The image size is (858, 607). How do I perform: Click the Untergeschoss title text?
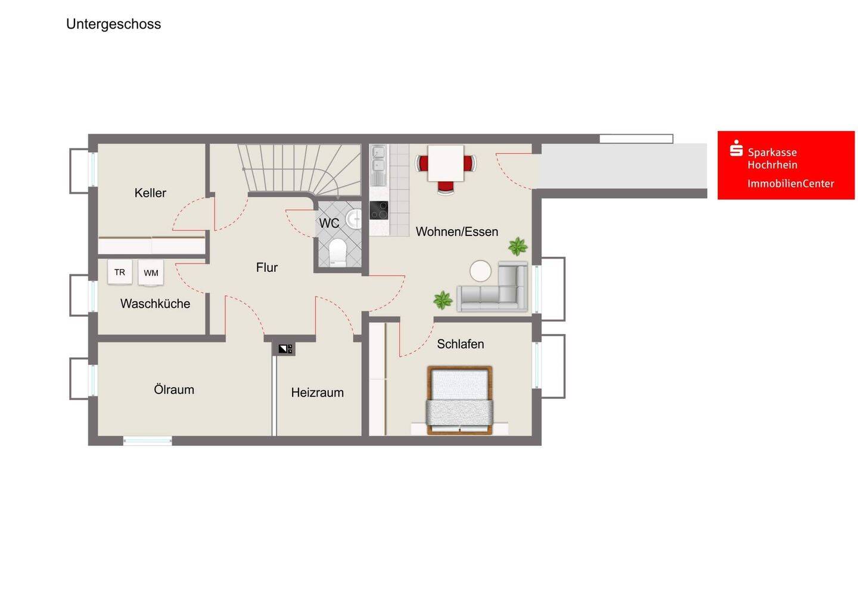[x=113, y=24]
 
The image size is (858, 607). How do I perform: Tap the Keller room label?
[x=150, y=193]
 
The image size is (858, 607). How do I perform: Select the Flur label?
[x=266, y=267]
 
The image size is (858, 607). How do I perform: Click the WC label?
[x=329, y=223]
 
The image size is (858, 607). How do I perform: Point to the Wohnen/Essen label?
[x=457, y=231]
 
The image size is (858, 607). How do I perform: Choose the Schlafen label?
[x=461, y=343]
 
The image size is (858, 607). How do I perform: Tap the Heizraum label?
[x=317, y=392]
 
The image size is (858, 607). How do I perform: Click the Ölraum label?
[x=174, y=389]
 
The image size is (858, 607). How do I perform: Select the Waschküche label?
[x=155, y=303]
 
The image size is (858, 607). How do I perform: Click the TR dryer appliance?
[x=120, y=272]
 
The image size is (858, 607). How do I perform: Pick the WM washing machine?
[x=151, y=273]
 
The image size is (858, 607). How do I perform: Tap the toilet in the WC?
[x=337, y=252]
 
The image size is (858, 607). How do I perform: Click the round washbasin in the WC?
[x=354, y=219]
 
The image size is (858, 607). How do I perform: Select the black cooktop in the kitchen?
[x=379, y=210]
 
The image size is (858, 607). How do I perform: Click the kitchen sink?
[x=378, y=165]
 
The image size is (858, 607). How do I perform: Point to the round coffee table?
[x=480, y=271]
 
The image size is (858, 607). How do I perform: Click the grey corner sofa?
[x=493, y=286]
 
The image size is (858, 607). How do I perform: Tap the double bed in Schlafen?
[x=459, y=400]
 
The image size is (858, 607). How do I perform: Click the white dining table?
[x=446, y=163]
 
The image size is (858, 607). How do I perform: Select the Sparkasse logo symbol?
[x=736, y=148]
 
